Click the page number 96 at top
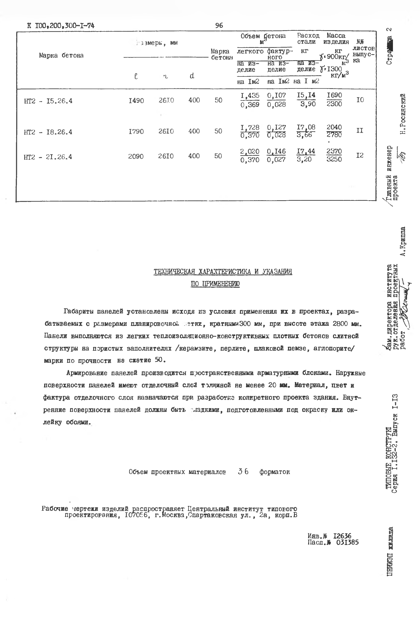click(x=219, y=26)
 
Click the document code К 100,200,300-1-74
click(x=61, y=26)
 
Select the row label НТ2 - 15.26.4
click(x=48, y=101)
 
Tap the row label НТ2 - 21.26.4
click(x=48, y=157)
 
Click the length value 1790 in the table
click(x=136, y=131)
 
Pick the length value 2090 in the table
click(x=136, y=156)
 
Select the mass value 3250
click(x=334, y=159)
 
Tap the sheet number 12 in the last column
click(x=360, y=155)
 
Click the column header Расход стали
click(x=308, y=38)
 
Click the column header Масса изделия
click(x=336, y=38)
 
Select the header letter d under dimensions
click(x=192, y=76)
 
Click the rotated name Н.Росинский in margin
click(x=403, y=114)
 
